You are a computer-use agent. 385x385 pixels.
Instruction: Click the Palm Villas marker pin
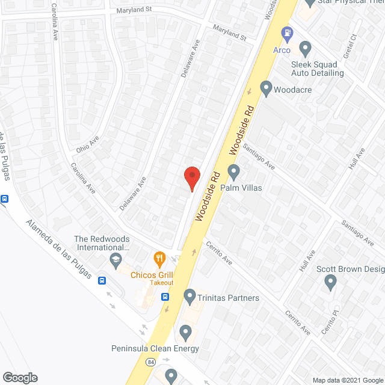pos(234,173)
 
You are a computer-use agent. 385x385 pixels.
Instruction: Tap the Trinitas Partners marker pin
pos(190,296)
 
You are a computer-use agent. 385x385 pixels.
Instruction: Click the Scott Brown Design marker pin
pos(330,282)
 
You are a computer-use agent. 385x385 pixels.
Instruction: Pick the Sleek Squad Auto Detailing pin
pos(305,48)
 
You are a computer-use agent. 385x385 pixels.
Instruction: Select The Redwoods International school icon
pos(115,260)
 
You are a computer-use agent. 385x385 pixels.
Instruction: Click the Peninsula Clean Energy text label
pos(155,348)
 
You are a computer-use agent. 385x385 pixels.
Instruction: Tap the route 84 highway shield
pos(152,362)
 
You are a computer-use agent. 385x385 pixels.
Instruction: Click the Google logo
pos(20,377)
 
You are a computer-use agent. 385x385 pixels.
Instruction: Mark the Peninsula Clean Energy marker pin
pos(185,332)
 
